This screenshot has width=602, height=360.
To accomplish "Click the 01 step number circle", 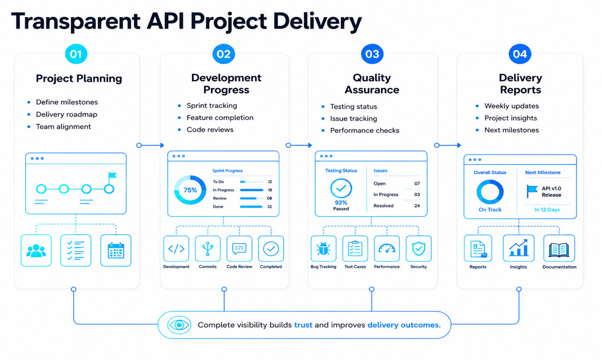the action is coord(76,54).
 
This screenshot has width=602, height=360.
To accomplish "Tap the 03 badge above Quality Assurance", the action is coord(372,54).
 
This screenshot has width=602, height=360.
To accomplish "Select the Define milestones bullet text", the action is coord(67,102).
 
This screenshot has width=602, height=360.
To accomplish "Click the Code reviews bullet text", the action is coord(210,130).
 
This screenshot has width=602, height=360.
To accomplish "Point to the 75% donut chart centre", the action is coord(190,190).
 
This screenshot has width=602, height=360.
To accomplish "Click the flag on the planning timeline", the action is coord(112,176).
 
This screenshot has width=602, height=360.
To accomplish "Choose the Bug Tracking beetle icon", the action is coord(323,249).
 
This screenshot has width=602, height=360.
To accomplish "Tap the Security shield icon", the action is coord(418,249).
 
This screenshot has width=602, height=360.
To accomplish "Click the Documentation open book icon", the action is coord(559,250).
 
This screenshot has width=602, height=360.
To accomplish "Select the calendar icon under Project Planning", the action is coord(116,250).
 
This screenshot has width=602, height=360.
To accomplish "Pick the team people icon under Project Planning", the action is coord(36,250).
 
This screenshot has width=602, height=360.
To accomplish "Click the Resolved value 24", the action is coord(417,205).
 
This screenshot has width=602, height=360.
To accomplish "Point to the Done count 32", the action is coord(270,207).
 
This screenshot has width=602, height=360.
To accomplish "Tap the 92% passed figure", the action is coord(341,202).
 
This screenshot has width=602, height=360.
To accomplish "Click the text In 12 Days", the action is coord(547,210).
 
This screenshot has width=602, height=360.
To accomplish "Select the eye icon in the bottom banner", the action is coord(179,325).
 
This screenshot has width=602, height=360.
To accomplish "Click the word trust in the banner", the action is coord(303,325).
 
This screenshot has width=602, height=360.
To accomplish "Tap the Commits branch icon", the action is coord(208,249).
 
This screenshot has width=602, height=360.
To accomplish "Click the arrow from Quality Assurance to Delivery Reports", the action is coord(448,145).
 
